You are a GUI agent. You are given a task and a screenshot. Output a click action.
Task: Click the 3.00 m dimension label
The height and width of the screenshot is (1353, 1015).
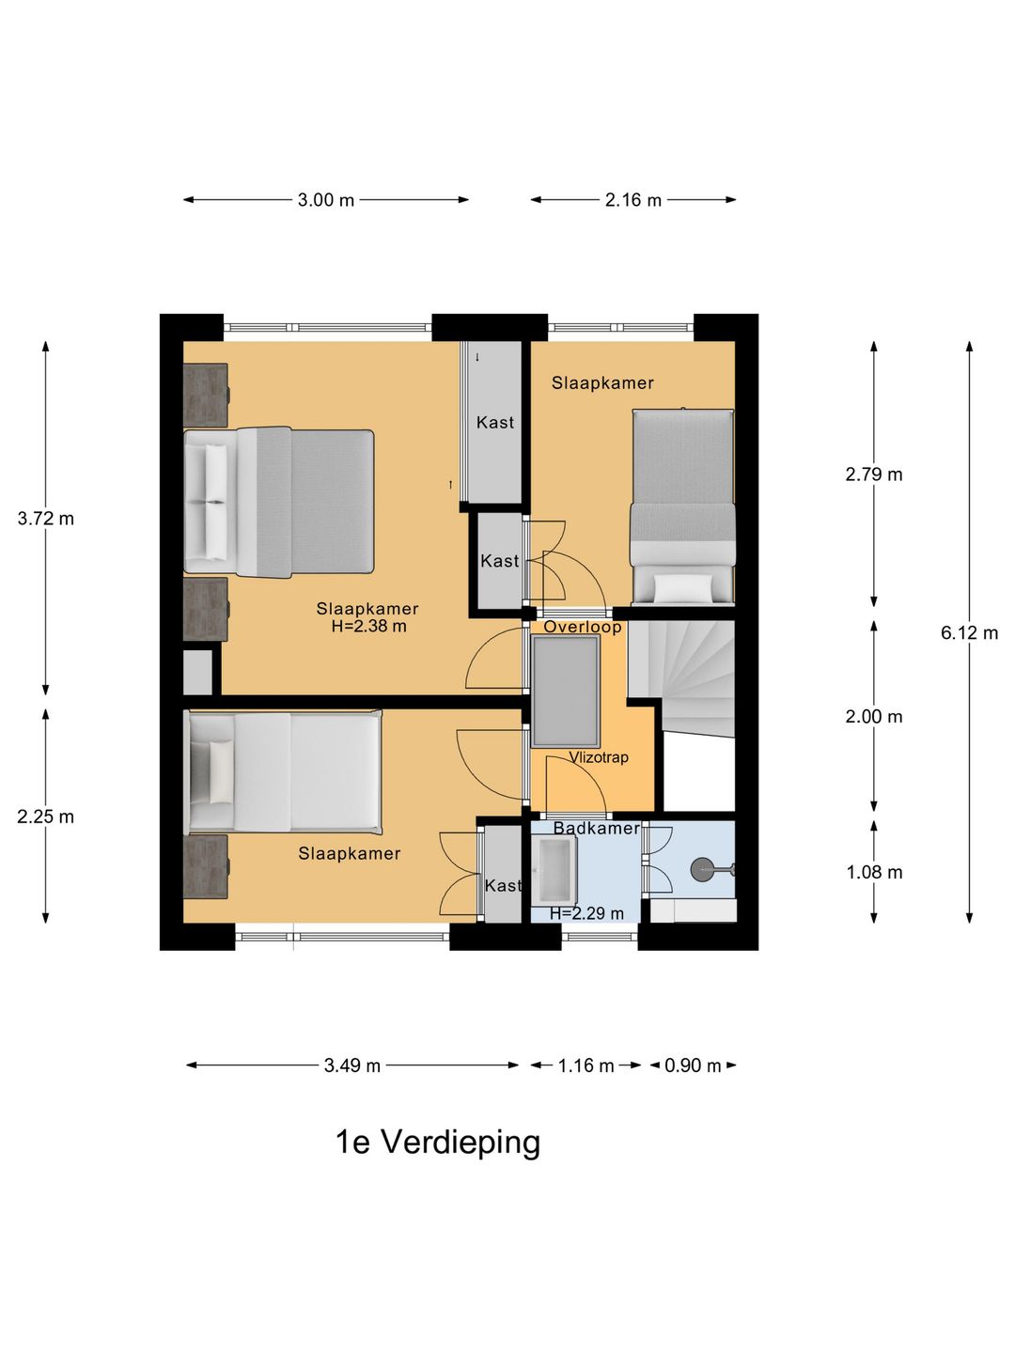coord(325,200)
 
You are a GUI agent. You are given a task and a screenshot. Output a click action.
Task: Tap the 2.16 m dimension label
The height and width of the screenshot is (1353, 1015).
coord(632,200)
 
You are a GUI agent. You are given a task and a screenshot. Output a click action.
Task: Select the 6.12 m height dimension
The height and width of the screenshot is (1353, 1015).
coord(969,633)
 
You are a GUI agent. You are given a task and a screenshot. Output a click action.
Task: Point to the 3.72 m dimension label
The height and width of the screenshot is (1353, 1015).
coord(46,519)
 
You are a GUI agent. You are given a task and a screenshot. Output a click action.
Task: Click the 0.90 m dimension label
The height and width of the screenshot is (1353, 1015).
coord(693,1065)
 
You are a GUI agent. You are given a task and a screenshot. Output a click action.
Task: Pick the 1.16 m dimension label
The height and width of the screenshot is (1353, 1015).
coord(586,1065)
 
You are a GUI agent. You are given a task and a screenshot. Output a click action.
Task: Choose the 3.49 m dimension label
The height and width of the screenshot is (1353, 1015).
coord(351,1065)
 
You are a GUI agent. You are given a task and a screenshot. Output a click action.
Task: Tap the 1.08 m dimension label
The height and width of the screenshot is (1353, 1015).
coord(874,872)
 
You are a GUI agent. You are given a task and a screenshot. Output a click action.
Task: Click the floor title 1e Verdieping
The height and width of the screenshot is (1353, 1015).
coord(438,1143)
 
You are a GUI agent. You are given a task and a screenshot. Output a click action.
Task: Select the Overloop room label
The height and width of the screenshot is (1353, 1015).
coord(583,628)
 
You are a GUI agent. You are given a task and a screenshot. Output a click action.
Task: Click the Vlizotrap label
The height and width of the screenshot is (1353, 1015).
coord(599,757)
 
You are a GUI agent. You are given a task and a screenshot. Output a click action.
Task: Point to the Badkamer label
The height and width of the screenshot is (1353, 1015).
coord(596,828)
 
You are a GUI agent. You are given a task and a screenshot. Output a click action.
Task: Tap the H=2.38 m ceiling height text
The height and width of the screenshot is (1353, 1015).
coord(368,627)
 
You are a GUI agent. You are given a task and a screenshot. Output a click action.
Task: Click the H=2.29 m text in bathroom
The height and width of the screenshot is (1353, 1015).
coord(586,913)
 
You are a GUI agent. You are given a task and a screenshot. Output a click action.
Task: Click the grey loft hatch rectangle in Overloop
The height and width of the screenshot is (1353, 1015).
coord(566,691)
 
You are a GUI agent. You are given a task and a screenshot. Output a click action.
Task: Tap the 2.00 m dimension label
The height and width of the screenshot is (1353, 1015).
coord(874,717)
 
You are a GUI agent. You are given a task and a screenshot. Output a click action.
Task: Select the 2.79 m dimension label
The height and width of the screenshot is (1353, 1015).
coord(874,474)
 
